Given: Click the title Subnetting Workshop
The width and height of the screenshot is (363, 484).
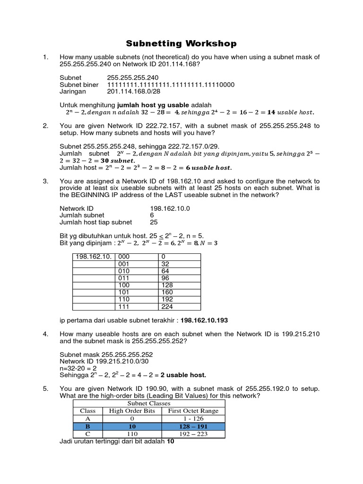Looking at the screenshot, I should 181,44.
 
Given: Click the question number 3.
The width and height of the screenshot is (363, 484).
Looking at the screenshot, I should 45,181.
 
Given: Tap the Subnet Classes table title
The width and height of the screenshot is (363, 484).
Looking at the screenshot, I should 148,403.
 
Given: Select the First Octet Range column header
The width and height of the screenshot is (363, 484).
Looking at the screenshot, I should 193,411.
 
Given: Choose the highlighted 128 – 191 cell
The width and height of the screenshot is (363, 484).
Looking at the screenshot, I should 193,426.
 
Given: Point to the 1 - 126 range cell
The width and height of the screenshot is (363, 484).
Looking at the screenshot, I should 193,418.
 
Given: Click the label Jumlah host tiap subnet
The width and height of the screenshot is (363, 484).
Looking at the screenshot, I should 96,222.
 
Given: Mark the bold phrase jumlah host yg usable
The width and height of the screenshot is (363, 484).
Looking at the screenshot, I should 153,104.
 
